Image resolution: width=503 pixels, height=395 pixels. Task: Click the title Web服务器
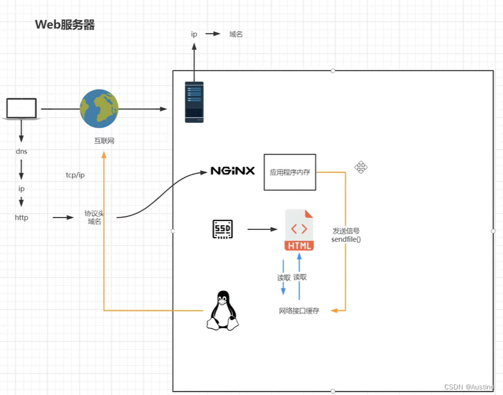pyautogui.click(x=65, y=25)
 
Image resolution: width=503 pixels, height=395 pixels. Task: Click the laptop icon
pyautogui.click(x=21, y=109)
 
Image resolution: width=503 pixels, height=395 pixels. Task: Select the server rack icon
pyautogui.click(x=194, y=102)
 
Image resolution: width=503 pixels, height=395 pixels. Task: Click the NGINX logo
pyautogui.click(x=232, y=171)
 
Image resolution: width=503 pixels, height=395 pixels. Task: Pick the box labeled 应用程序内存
pyautogui.click(x=290, y=172)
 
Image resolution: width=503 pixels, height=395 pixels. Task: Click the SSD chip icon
pyautogui.click(x=222, y=229)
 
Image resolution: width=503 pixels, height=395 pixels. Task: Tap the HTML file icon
pyautogui.click(x=299, y=230)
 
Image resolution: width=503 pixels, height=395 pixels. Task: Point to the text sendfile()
pyautogui.click(x=346, y=239)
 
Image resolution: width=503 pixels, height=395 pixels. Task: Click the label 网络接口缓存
pyautogui.click(x=299, y=311)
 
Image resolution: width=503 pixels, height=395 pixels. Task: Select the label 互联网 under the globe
pyautogui.click(x=104, y=141)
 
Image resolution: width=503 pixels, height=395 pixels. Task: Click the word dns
pyautogui.click(x=21, y=151)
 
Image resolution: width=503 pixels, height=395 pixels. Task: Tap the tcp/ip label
pyautogui.click(x=75, y=175)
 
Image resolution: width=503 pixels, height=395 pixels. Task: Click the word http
pyautogui.click(x=21, y=218)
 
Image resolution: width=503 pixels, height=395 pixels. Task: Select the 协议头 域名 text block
pyautogui.click(x=94, y=218)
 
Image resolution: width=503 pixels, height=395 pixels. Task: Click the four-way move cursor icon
pyautogui.click(x=361, y=167)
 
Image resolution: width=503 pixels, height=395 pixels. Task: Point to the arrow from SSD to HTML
pyautogui.click(x=262, y=229)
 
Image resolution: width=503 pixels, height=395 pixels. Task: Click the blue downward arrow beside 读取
pyautogui.click(x=283, y=277)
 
